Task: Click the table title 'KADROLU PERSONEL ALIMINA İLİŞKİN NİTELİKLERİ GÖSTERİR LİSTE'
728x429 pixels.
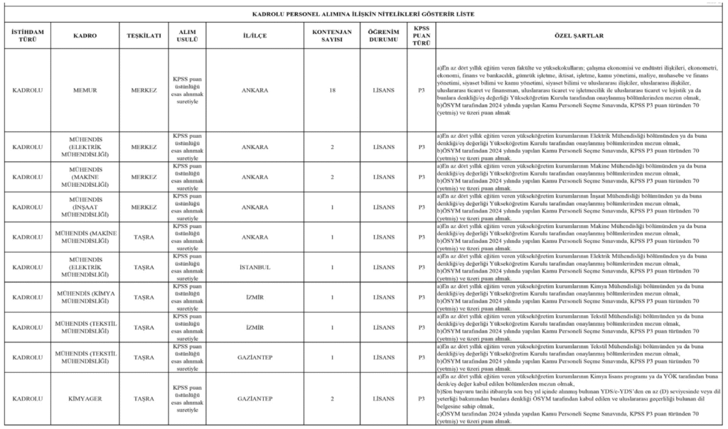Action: click(363, 13)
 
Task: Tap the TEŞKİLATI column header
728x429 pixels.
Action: click(144, 36)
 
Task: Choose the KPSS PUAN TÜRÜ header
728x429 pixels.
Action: click(422, 36)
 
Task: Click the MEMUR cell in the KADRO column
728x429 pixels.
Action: click(85, 91)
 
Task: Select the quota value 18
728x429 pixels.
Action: click(332, 91)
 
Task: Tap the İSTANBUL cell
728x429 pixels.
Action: click(255, 267)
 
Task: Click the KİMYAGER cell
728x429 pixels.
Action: click(85, 398)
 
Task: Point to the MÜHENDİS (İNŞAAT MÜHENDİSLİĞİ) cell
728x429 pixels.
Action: click(85, 207)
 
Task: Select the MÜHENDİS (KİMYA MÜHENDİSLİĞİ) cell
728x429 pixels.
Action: click(85, 297)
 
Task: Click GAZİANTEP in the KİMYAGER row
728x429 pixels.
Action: click(255, 398)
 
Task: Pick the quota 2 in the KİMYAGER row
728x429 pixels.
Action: click(332, 398)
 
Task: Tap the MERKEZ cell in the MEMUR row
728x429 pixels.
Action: click(144, 91)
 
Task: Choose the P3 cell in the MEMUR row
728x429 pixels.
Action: click(422, 91)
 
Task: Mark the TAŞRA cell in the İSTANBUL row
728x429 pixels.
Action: click(144, 267)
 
